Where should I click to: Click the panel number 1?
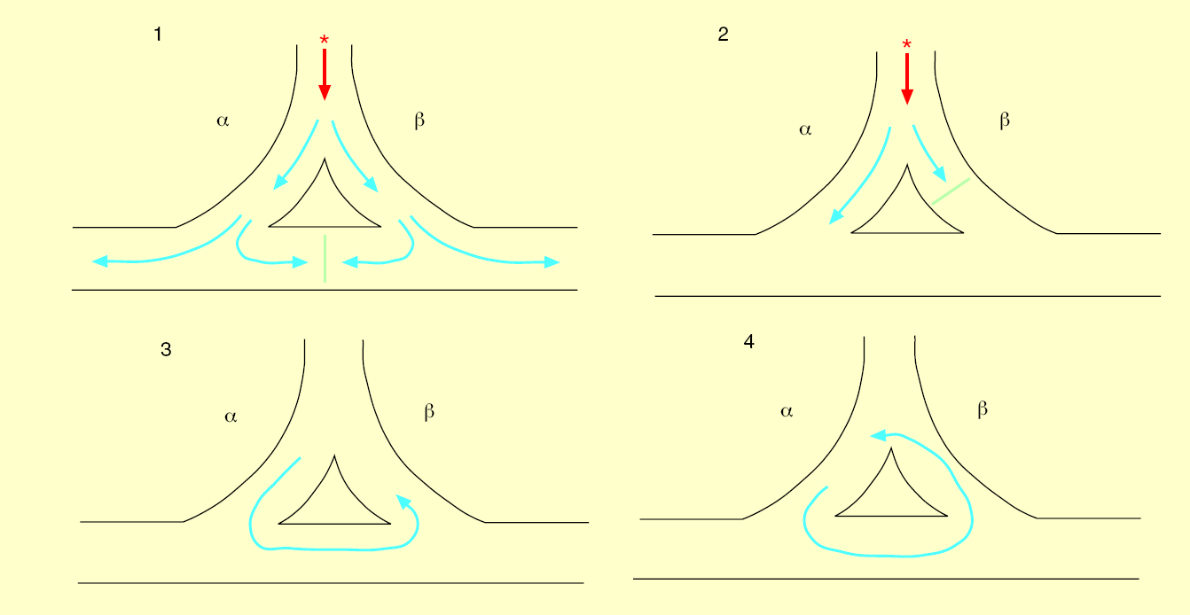(158, 35)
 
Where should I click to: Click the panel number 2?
(723, 35)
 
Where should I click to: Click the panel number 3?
(166, 350)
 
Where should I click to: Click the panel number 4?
(749, 342)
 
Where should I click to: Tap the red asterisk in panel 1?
(325, 41)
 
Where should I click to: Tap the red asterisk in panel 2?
(906, 45)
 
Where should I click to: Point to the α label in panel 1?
(223, 121)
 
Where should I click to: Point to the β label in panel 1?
(419, 120)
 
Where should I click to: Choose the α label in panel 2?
(805, 129)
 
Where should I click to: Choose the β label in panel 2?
(1005, 121)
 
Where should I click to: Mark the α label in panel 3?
(231, 416)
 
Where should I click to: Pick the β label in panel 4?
(983, 409)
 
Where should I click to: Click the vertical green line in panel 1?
(325, 259)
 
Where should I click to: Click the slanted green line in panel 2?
(950, 191)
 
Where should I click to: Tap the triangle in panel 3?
(334, 501)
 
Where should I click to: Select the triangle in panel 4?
(891, 492)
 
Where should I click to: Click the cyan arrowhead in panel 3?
(404, 502)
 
